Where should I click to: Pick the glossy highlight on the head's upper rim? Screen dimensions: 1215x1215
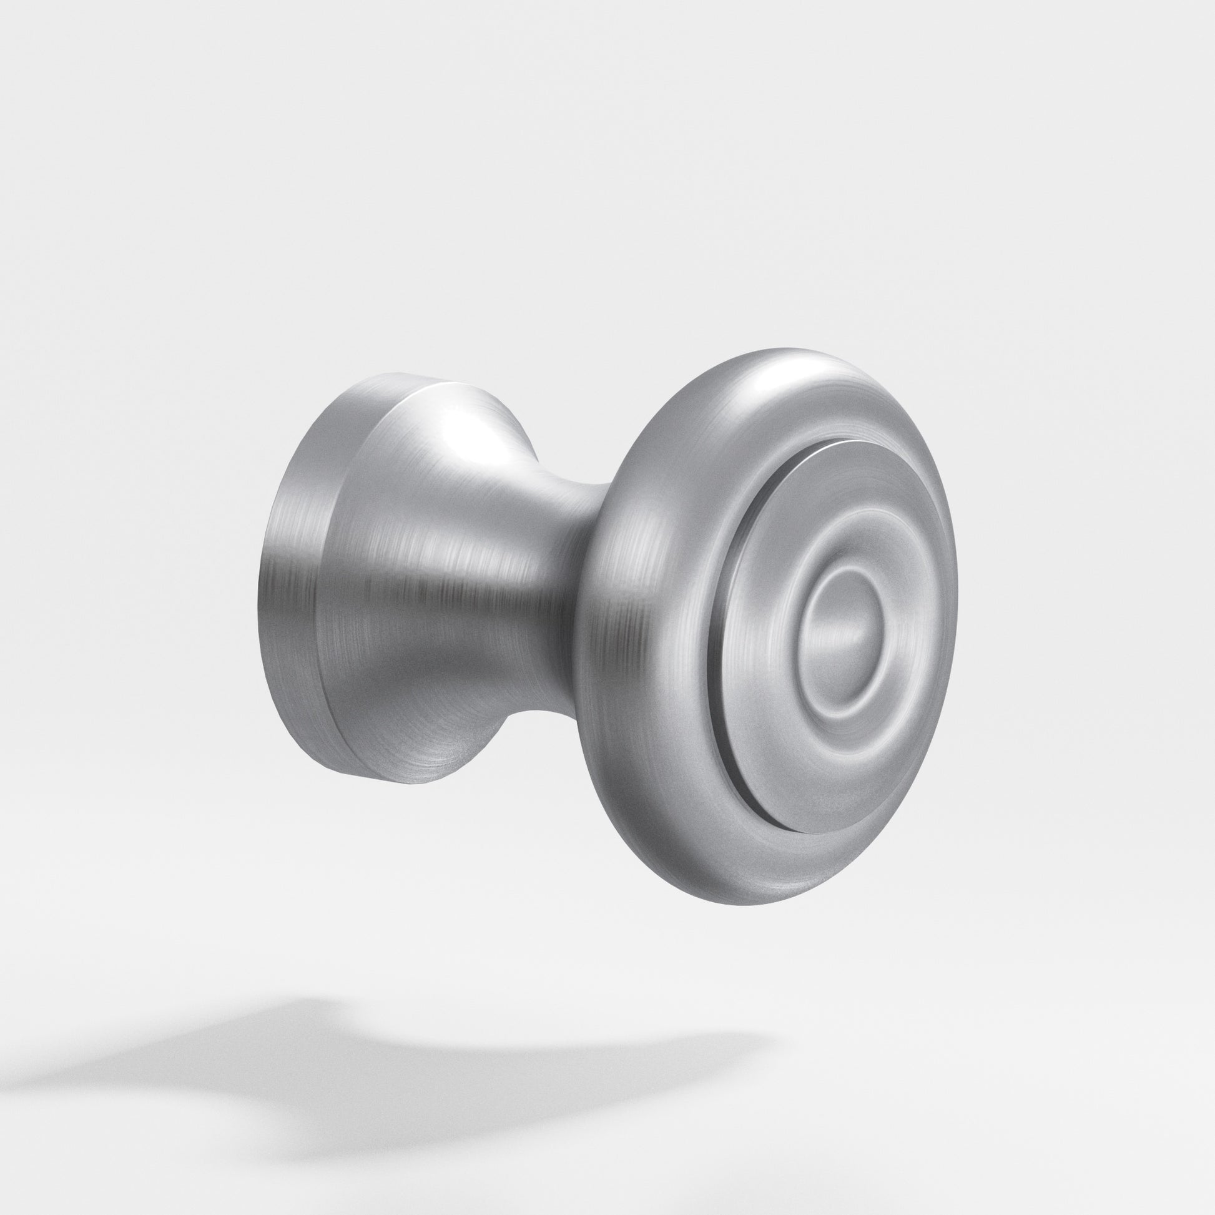coord(774,377)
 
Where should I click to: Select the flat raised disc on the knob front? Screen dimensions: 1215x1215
coord(767,723)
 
